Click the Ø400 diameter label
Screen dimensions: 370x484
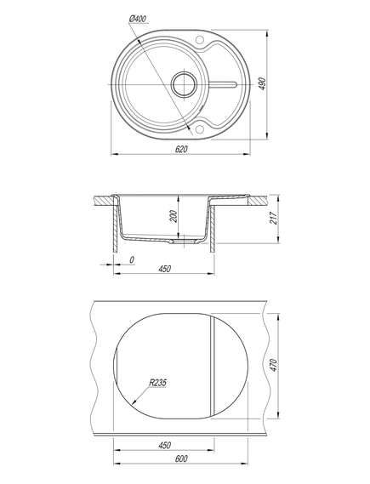[x=137, y=19]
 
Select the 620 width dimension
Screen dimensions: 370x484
[x=181, y=150]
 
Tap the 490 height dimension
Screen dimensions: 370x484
[x=262, y=84]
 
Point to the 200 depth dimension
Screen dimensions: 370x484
[x=174, y=216]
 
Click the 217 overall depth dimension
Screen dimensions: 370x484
[x=274, y=219]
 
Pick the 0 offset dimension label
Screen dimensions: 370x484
[x=132, y=260]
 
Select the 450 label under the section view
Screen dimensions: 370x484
[x=164, y=269]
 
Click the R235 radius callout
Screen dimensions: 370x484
[x=157, y=383]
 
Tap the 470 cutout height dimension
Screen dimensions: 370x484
[x=274, y=366]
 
